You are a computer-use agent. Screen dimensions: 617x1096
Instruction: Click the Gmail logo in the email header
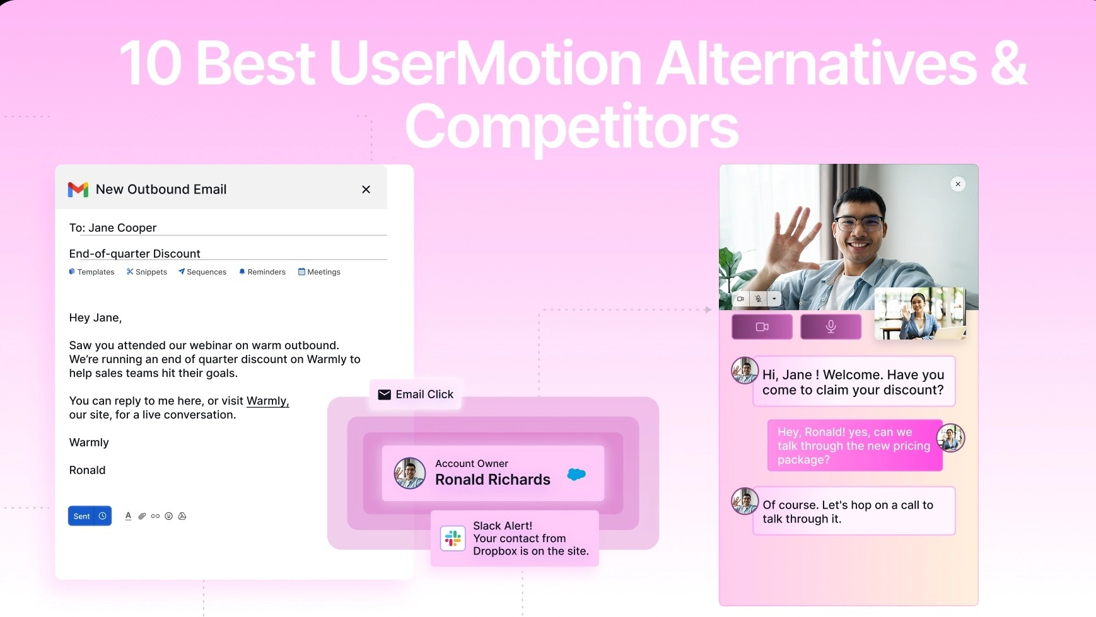(78, 189)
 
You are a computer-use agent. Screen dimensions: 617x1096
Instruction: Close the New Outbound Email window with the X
(366, 189)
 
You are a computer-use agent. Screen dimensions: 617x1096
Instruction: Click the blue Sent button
(82, 516)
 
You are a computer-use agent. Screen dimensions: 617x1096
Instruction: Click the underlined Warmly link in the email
(267, 401)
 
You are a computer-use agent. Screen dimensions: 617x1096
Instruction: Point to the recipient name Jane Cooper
(122, 228)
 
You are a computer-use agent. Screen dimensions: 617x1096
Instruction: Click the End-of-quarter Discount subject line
(134, 253)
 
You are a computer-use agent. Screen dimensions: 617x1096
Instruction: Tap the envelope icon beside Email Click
(384, 395)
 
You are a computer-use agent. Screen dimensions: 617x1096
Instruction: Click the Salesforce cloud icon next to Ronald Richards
(576, 474)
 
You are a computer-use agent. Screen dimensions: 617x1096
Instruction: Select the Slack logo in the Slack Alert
(453, 538)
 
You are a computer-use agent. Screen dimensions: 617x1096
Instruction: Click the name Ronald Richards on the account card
(493, 480)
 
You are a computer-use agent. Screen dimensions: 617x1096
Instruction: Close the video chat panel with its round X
(957, 184)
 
